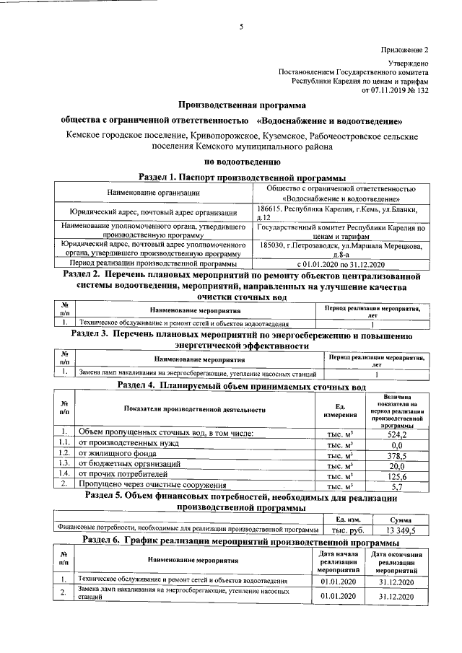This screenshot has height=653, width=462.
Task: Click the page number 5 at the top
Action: point(241,27)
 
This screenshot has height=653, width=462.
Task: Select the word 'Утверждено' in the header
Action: point(410,64)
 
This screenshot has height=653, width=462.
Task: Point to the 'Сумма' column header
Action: point(400,518)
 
